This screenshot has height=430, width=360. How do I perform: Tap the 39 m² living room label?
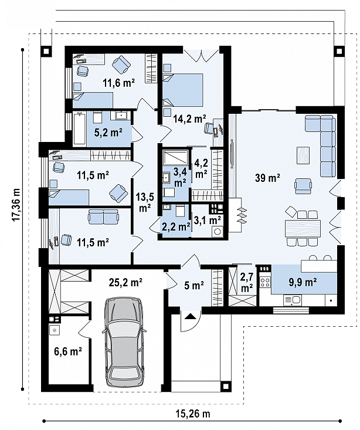pyautogui.click(x=267, y=178)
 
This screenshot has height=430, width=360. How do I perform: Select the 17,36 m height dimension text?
pyautogui.click(x=16, y=205)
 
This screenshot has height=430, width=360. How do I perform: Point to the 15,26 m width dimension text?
pyautogui.click(x=192, y=414)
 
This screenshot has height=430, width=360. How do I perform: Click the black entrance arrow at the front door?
pyautogui.click(x=191, y=317)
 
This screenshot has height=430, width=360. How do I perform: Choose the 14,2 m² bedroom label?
pyautogui.click(x=189, y=119)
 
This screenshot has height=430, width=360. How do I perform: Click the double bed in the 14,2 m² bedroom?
pyautogui.click(x=183, y=90)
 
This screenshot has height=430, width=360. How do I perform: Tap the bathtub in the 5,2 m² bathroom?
pyautogui.click(x=80, y=128)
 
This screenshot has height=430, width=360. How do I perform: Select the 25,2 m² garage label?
pyautogui.click(x=125, y=282)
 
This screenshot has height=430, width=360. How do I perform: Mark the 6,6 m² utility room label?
pyautogui.click(x=68, y=351)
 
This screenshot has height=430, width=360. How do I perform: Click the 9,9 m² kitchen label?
pyautogui.click(x=303, y=282)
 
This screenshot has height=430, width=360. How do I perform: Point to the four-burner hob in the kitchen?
pyautogui.click(x=265, y=282)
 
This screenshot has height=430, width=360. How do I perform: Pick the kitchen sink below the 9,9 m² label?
pyautogui.click(x=292, y=300)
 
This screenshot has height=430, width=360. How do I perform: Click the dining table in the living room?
pyautogui.click(x=303, y=228)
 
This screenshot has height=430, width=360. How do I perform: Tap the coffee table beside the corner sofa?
pyautogui.click(x=303, y=155)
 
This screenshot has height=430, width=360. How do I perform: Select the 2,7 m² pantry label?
pyautogui.click(x=247, y=282)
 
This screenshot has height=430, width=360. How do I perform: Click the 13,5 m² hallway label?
pyautogui.click(x=145, y=202)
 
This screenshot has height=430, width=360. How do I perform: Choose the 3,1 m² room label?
pyautogui.click(x=208, y=220)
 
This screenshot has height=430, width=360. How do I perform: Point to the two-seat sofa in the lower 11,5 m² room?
pyautogui.click(x=103, y=216)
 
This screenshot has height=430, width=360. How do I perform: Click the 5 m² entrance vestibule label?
pyautogui.click(x=194, y=286)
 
